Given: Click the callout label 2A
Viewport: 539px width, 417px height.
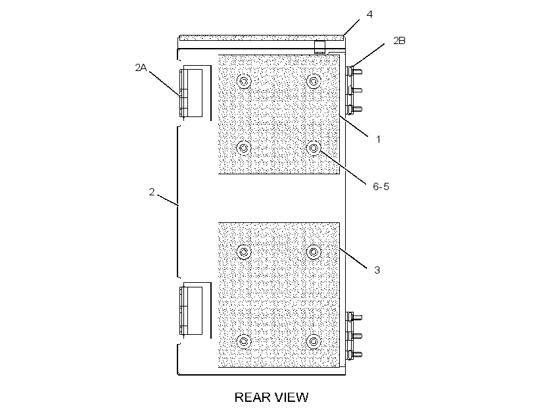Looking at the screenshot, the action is click(141, 68).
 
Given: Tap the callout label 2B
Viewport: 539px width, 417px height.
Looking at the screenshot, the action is click(400, 41).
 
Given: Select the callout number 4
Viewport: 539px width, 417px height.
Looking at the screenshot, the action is click(369, 14).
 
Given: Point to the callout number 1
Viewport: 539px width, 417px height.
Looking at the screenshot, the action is click(378, 139).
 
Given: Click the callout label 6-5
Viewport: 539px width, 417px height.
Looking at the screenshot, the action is click(381, 187).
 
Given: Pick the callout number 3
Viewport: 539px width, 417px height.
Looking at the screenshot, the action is click(377, 270).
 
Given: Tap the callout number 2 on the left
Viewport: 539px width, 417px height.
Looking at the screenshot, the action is click(152, 191).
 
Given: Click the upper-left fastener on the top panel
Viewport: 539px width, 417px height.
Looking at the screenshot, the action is click(244, 81).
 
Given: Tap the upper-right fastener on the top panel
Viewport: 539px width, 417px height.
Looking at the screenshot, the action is click(314, 81).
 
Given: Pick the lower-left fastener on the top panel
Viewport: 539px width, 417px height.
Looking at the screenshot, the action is click(244, 148).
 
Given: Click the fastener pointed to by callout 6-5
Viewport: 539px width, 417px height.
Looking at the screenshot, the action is click(314, 148).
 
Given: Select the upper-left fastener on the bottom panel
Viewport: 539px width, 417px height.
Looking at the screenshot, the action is click(244, 252).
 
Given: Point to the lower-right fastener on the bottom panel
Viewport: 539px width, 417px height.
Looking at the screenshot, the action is click(314, 341).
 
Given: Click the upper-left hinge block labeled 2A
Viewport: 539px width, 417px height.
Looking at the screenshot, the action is click(191, 93).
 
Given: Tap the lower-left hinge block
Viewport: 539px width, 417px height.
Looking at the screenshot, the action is click(191, 310).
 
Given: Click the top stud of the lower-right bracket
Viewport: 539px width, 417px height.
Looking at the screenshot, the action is click(357, 317).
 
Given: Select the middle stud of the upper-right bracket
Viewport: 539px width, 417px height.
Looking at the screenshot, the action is click(357, 91).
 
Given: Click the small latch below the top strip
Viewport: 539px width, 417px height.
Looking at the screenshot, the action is click(319, 47).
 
